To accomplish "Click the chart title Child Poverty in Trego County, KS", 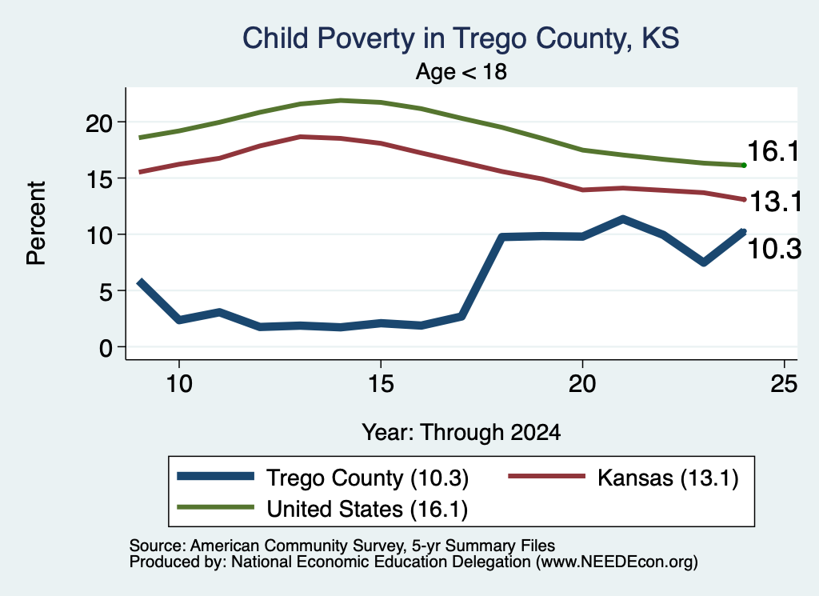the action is (x=461, y=38).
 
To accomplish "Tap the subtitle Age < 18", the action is (x=461, y=71).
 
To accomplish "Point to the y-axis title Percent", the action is (x=37, y=223).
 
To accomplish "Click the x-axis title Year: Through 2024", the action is (x=461, y=433).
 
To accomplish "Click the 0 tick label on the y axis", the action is (x=106, y=347).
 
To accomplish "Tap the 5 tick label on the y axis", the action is (x=106, y=291).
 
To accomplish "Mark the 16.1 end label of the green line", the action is (x=773, y=151).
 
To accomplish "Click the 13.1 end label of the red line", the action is (x=776, y=202).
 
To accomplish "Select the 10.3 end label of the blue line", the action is (x=774, y=249).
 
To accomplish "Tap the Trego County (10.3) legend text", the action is (x=368, y=478).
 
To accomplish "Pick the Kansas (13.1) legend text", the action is (x=668, y=478).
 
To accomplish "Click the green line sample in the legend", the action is (x=216, y=507).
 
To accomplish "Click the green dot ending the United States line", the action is (x=744, y=166).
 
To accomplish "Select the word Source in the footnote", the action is (x=155, y=546).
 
